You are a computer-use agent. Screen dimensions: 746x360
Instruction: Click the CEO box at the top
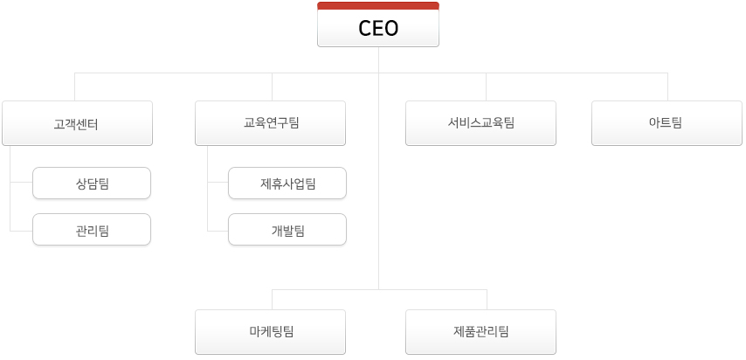(x=378, y=24)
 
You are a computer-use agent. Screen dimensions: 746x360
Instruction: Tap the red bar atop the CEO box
(x=378, y=6)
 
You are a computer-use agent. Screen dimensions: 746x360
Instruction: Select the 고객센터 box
(x=77, y=123)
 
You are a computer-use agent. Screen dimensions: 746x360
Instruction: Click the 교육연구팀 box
(x=270, y=123)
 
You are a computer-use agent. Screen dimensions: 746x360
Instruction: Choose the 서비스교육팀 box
(x=480, y=123)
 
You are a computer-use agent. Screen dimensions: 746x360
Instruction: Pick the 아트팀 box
(x=667, y=123)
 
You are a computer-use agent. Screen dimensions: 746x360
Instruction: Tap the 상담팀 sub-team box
(x=92, y=183)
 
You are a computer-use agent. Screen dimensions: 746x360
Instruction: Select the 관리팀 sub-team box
(x=92, y=230)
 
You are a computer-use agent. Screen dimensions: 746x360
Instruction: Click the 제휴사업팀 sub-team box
(x=287, y=183)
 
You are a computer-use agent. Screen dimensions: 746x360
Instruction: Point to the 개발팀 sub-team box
(x=287, y=230)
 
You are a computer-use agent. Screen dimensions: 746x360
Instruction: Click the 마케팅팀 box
(x=270, y=332)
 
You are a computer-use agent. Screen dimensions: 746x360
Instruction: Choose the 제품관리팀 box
(x=480, y=332)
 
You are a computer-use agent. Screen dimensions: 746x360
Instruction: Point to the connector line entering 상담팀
(x=22, y=182)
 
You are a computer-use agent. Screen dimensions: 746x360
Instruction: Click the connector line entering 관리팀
(x=22, y=231)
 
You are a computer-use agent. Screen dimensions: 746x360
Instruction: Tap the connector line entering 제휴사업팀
(x=218, y=182)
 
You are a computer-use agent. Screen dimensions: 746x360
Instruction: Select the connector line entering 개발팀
(x=218, y=231)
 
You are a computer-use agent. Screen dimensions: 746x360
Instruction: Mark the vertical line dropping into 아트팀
(x=667, y=87)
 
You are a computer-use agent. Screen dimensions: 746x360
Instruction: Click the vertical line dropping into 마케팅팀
(x=273, y=300)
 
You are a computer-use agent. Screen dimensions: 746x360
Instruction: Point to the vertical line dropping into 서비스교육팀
(x=486, y=87)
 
